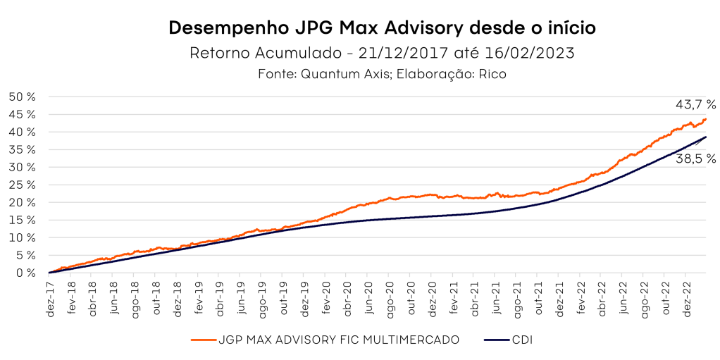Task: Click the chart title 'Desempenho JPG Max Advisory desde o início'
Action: (x=383, y=29)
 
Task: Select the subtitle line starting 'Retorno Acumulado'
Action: (x=383, y=53)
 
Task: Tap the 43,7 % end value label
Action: (x=695, y=104)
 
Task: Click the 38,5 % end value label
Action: (x=695, y=159)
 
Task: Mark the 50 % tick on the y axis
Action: (x=25, y=97)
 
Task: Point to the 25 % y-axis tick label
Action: (x=25, y=185)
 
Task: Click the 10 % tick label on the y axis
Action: (x=25, y=237)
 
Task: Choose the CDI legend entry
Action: (x=523, y=340)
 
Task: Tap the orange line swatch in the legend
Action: (x=203, y=340)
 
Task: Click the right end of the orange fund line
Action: (x=706, y=118)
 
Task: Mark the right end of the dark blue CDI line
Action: (x=706, y=137)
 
